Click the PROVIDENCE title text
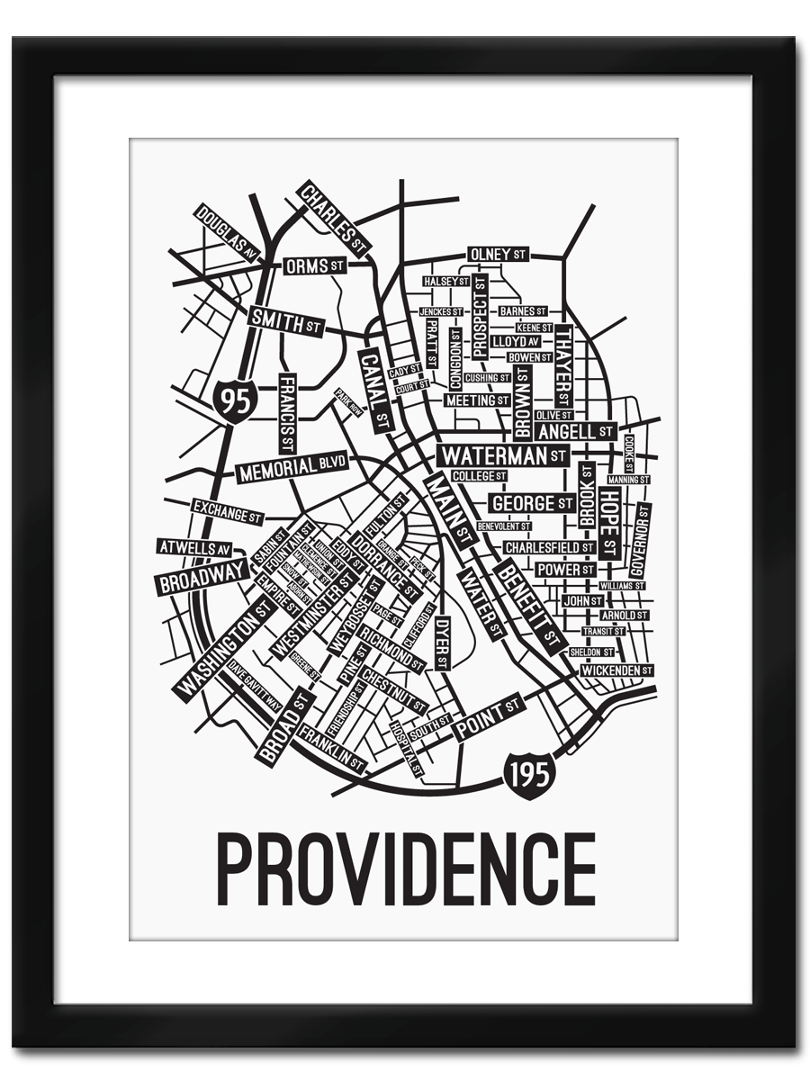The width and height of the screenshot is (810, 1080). [x=406, y=869]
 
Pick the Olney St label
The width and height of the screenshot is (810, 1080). [x=497, y=255]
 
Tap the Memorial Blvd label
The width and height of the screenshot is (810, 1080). [x=292, y=468]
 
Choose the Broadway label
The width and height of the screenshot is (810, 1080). [x=202, y=577]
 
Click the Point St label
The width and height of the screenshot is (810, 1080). [x=487, y=717]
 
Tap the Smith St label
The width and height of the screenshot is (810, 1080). [x=285, y=321]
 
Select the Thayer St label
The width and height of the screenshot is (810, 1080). [x=563, y=365]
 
